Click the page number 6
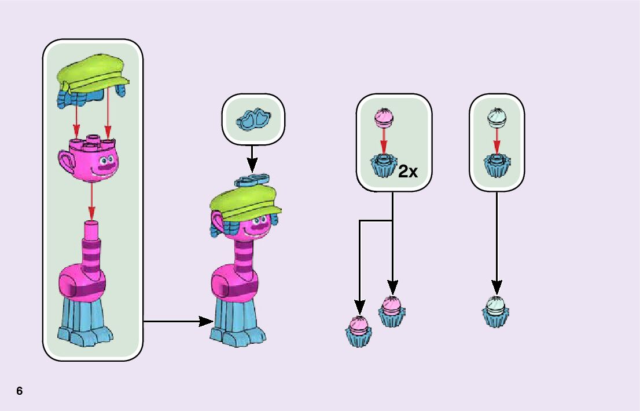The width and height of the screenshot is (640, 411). (20, 391)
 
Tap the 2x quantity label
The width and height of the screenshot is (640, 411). (408, 171)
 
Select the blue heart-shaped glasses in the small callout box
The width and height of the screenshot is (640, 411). (253, 120)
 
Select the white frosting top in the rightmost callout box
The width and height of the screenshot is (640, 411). (496, 118)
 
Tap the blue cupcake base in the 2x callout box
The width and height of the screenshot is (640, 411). (383, 166)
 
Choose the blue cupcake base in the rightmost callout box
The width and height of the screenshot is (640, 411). (496, 166)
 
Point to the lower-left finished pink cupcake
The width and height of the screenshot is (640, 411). (358, 331)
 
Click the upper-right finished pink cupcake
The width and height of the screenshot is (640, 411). (392, 311)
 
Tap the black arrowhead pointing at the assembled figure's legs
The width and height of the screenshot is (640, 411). (206, 321)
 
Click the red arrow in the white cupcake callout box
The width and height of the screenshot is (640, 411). (496, 141)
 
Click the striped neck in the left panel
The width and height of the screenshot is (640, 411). (91, 249)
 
